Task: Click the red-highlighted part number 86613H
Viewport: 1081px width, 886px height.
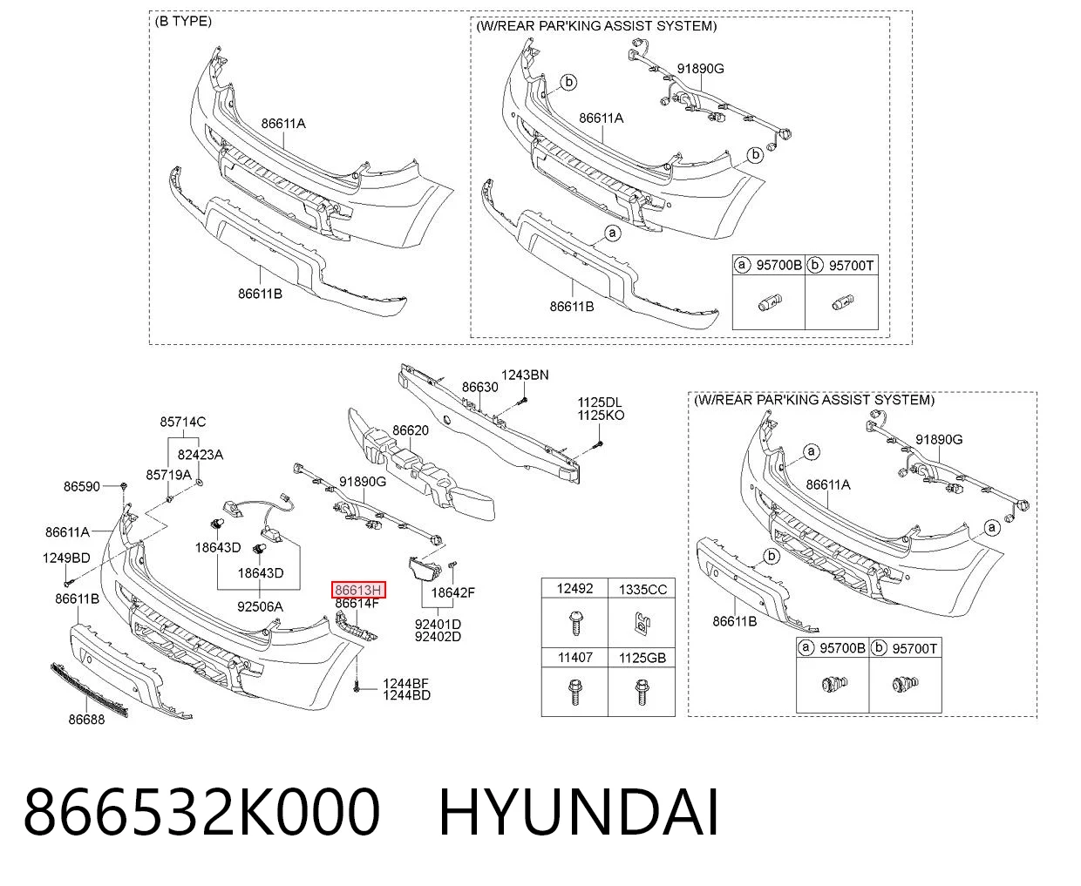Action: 358,590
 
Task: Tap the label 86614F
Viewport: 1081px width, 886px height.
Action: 357,604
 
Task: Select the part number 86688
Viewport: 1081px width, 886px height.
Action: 86,720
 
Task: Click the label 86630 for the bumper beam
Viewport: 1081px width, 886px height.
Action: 479,387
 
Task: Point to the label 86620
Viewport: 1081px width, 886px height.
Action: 411,430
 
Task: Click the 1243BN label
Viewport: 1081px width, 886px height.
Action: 525,375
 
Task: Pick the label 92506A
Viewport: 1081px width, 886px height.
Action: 260,607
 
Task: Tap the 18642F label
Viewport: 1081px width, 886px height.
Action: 453,592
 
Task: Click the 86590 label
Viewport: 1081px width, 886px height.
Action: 82,486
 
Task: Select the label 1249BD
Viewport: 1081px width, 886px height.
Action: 66,558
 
